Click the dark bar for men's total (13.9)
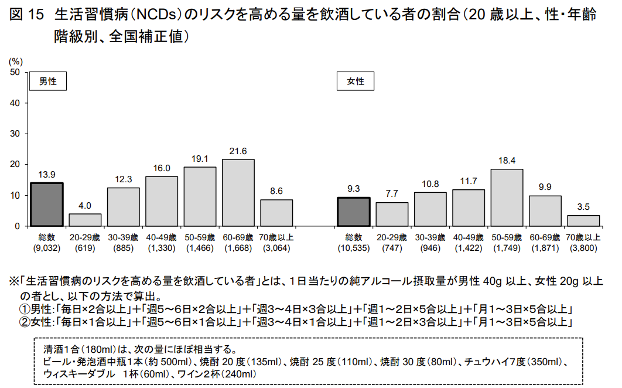(x=47, y=204)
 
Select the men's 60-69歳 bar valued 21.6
(x=238, y=192)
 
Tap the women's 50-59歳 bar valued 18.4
(x=507, y=197)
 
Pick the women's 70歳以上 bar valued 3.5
(x=583, y=220)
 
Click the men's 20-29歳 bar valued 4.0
(x=85, y=220)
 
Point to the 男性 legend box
(x=48, y=81)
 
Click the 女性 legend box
(x=356, y=81)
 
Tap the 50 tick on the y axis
(x=16, y=72)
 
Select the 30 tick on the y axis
(x=16, y=134)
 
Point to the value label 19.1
(x=200, y=158)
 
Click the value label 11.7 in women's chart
(x=469, y=181)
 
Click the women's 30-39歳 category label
(x=430, y=238)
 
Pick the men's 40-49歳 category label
(x=162, y=238)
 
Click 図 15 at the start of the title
(x=28, y=15)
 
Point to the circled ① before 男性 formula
(x=26, y=309)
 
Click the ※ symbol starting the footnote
(x=13, y=281)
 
